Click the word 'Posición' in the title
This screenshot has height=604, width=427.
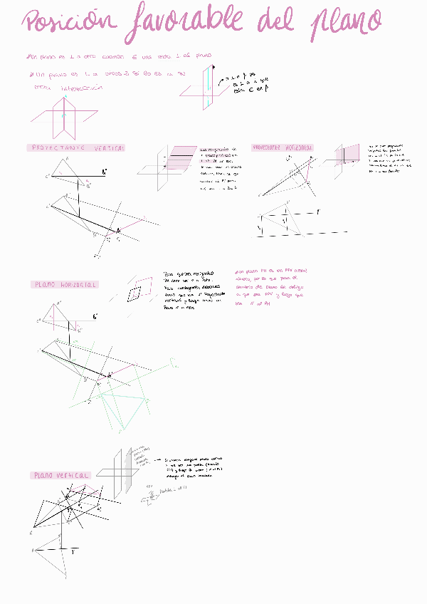point(68,23)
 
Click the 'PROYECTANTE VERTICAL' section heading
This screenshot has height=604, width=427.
point(78,148)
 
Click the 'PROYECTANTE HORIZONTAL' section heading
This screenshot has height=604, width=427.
point(283,147)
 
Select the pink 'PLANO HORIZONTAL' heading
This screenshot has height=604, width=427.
point(65,285)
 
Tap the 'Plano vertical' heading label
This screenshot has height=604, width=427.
point(61,475)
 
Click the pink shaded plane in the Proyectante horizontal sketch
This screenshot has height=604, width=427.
point(351,155)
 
